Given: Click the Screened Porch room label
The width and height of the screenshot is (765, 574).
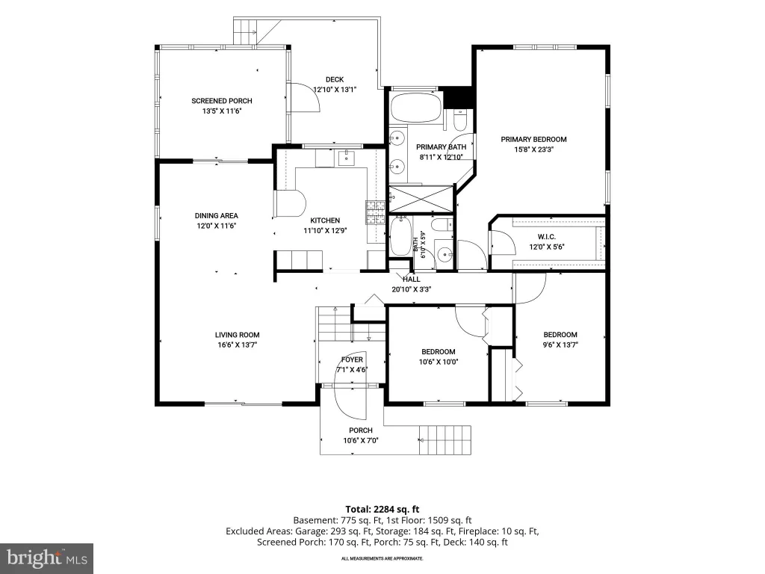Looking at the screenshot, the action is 221,101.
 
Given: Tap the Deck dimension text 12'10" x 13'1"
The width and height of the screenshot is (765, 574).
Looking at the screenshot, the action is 335,90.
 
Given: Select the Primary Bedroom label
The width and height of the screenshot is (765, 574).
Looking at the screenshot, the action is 533,140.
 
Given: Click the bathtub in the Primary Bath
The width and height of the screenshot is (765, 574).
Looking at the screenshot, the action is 416,108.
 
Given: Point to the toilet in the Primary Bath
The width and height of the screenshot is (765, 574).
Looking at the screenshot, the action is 460,120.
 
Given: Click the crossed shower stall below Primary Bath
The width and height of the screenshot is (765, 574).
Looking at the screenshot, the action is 421,199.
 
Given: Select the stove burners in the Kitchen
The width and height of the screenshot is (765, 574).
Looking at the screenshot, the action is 375,212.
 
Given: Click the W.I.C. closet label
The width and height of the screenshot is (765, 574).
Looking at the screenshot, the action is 546,237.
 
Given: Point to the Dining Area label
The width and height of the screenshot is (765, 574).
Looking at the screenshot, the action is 216,216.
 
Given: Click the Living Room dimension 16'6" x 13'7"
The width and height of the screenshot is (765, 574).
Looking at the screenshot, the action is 237,345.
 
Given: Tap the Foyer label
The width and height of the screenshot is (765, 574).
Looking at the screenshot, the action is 352,359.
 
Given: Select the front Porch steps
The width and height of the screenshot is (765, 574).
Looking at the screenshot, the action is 445,439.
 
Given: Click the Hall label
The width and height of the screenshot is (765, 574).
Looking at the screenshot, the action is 412,280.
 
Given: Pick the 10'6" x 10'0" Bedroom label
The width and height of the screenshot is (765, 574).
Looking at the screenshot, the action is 438,352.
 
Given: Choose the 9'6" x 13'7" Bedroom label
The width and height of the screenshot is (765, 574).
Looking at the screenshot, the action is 560,335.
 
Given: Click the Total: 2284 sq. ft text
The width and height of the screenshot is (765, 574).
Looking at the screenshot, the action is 382,510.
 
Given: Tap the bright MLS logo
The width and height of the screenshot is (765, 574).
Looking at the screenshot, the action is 47,558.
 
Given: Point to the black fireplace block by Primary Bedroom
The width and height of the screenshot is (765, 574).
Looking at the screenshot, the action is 459,97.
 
